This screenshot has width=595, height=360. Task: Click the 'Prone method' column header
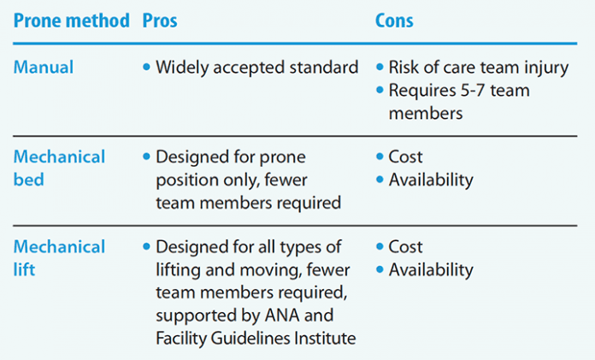click(x=71, y=21)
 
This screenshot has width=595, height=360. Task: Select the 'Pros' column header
click(x=160, y=21)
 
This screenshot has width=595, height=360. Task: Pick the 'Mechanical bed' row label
click(x=58, y=168)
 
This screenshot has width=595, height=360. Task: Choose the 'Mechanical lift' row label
click(x=58, y=258)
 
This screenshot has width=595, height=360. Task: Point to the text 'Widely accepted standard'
click(x=256, y=68)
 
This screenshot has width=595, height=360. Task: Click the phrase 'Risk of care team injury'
click(x=478, y=68)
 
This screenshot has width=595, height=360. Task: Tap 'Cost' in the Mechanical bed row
click(x=406, y=157)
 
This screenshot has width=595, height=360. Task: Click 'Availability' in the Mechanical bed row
click(x=431, y=180)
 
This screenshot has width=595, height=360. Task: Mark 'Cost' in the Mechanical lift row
click(x=406, y=247)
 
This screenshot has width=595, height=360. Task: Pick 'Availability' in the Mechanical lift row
click(x=431, y=269)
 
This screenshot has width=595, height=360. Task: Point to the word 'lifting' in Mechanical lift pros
click(x=180, y=269)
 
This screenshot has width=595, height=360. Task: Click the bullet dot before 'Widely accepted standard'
click(x=146, y=68)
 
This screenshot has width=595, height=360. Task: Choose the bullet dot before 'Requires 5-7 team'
click(x=380, y=91)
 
